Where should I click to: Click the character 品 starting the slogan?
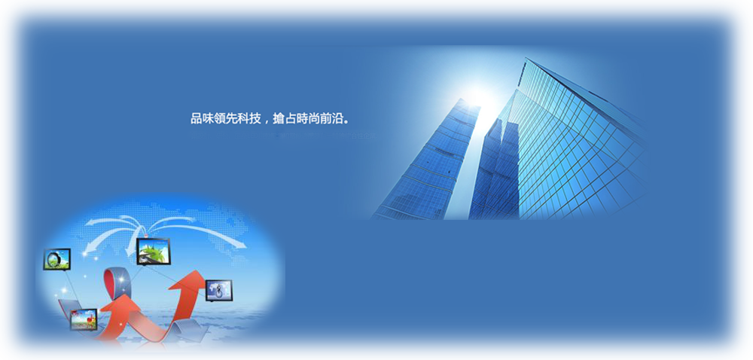coord(197,118)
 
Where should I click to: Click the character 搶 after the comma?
coord(279,118)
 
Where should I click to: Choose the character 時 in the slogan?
coord(302,118)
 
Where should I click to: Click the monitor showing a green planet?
coord(153,251)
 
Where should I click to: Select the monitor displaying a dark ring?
coord(57,259)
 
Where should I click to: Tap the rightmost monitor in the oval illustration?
coord(219,291)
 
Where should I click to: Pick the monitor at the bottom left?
coord(84,319)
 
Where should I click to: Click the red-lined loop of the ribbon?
coord(117,283)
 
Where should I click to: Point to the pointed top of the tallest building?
coord(526,59)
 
